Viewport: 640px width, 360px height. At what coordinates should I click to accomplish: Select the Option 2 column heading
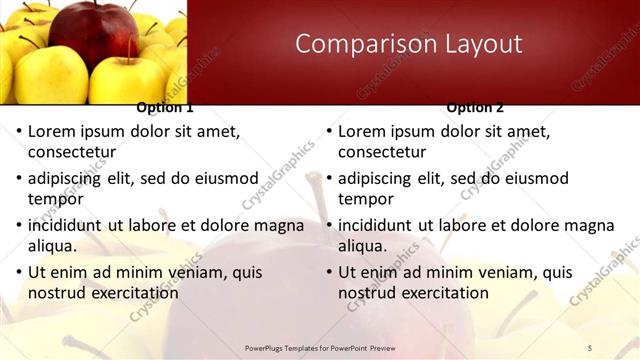pos(475,108)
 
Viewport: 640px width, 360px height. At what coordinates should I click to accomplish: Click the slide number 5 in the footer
pos(590,347)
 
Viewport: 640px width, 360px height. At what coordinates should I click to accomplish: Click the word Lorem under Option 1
pos(53,131)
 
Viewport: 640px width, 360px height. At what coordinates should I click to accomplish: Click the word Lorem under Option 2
pos(363,131)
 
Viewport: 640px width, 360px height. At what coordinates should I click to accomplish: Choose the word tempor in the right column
pos(366,199)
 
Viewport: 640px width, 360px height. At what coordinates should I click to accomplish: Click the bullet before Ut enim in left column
pos(18,273)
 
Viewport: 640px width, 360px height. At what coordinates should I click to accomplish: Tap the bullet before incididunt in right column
pos(328,226)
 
